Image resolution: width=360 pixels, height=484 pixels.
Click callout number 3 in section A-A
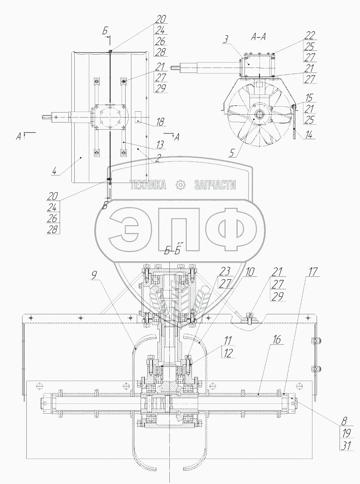[x=225, y=40]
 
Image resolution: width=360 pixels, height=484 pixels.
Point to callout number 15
[x=309, y=98]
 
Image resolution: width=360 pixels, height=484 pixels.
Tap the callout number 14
[x=309, y=135]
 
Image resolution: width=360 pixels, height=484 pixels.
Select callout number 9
[x=94, y=275]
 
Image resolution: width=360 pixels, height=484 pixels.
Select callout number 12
[x=229, y=354]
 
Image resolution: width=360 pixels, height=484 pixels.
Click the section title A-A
[x=259, y=37]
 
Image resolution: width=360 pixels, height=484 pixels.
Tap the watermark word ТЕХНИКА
[x=148, y=185]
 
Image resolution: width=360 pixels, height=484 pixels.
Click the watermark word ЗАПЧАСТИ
[x=215, y=185]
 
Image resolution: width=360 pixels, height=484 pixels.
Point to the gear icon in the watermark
[x=180, y=185]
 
